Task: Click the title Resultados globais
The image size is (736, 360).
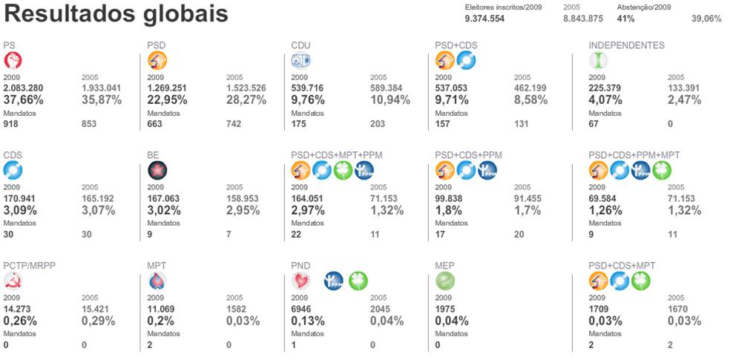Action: [116, 14]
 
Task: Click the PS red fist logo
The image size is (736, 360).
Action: [13, 61]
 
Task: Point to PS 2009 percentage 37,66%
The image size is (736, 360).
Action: [27, 99]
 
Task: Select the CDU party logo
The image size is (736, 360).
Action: [301, 61]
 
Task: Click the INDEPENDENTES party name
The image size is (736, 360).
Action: [626, 45]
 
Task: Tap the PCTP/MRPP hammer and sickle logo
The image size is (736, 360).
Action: [13, 281]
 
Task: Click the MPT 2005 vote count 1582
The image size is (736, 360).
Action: [237, 308]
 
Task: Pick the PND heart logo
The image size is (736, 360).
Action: [301, 281]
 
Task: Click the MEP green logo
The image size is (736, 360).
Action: [445, 281]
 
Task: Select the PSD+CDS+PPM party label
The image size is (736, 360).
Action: [468, 155]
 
